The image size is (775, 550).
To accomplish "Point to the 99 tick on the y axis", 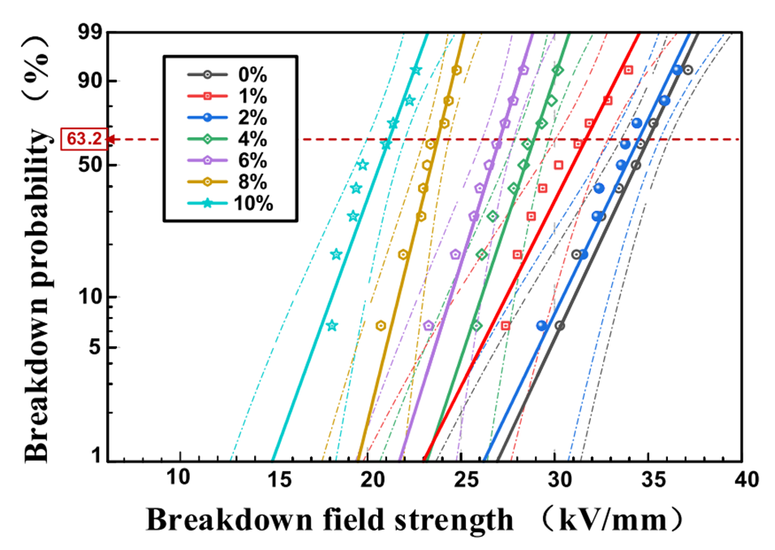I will click(x=90, y=33).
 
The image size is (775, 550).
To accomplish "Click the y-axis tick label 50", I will click(x=90, y=165).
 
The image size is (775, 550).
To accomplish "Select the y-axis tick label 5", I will click(x=96, y=347).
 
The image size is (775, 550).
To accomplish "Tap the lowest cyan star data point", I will click(x=331, y=325).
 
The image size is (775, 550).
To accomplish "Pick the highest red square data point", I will click(x=628, y=70).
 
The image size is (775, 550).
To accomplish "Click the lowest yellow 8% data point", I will click(x=381, y=325).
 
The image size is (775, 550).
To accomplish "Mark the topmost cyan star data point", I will click(x=416, y=70).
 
